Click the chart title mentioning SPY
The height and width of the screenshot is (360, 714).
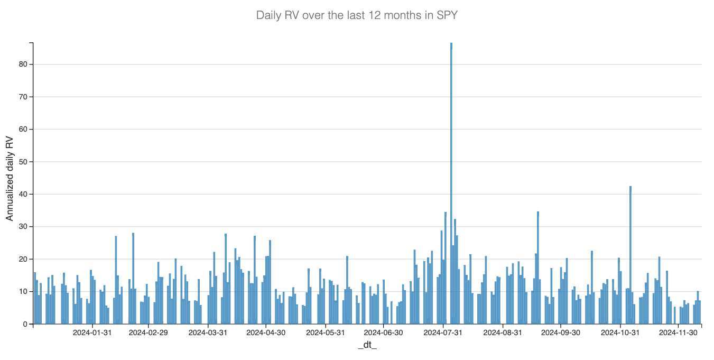pos(357,15)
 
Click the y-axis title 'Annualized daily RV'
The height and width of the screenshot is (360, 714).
pos(10,178)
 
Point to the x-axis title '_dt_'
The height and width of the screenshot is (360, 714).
pos(367,345)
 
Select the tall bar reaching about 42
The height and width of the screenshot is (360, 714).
pos(630,254)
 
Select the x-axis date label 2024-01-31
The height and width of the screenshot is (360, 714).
pos(92,333)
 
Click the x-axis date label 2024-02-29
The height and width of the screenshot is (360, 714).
pos(148,333)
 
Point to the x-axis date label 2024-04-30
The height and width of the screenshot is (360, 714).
pos(266,333)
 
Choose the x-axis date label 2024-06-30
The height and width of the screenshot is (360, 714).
pos(383,333)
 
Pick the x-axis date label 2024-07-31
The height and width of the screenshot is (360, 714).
pos(443,333)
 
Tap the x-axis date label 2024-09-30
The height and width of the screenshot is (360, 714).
pos(561,333)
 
